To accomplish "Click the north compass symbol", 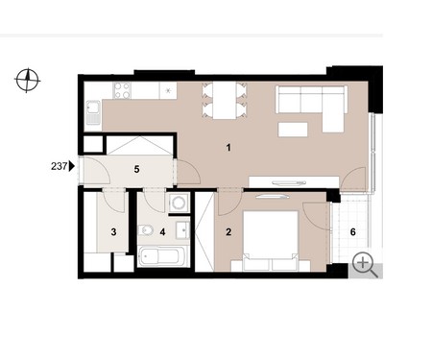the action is [27, 80].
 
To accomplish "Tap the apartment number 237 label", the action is [59, 166].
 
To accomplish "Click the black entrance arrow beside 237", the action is [72, 166].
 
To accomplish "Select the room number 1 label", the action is [228, 148].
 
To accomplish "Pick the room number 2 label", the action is [228, 232].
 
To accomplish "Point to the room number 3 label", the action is [113, 232].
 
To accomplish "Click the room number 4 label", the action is [162, 232].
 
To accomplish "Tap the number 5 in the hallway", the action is [136, 169].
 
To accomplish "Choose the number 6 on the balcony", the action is [353, 232].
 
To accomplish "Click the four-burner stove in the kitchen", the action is [122, 90].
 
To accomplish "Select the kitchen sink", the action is [93, 112].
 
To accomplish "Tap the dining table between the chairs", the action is [225, 100].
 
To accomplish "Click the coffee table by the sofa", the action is [293, 130].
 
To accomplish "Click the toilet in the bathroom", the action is [146, 229].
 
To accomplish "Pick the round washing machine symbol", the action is [178, 203].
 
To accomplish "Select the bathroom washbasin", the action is [182, 229].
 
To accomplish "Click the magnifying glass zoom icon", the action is [365, 265].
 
